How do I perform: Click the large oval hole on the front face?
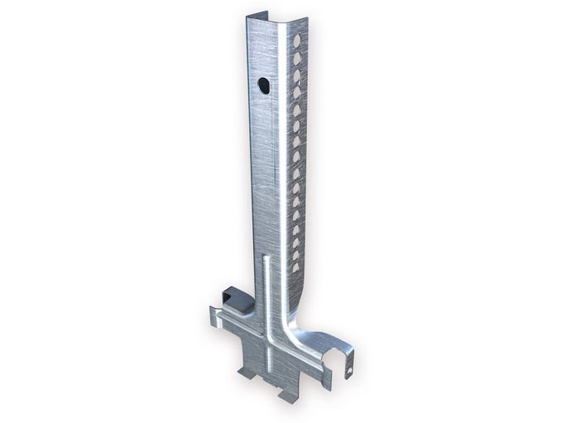262,84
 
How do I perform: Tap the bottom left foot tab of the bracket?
249,373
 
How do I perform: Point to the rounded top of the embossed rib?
265,259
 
